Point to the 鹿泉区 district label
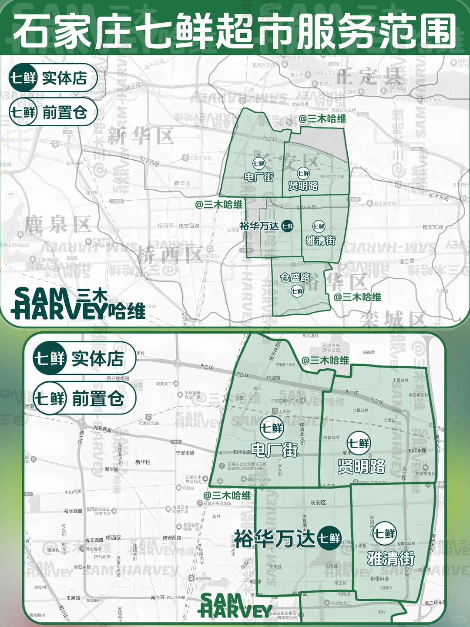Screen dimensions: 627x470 click(x=57, y=225)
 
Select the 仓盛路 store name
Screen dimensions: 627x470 click(x=295, y=277)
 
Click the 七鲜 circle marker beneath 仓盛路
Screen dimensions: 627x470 click(x=297, y=291)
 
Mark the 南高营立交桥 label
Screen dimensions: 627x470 click(x=343, y=110)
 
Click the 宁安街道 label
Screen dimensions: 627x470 click(x=185, y=453)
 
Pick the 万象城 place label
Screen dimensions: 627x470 click(x=188, y=488)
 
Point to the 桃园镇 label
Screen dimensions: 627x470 click(x=274, y=378)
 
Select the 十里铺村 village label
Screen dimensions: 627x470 click(x=400, y=380)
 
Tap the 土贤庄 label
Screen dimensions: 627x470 click(x=389, y=420)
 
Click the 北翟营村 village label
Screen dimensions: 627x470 click(x=360, y=410)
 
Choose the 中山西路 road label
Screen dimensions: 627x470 click(x=73, y=492)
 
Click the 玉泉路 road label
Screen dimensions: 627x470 click(x=73, y=598)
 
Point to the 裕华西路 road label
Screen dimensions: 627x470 click(x=73, y=511)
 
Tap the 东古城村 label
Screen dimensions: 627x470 click(x=310, y=336)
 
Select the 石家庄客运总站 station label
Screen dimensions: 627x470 click(x=217, y=503)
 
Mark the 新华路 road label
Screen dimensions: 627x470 click(x=111, y=469)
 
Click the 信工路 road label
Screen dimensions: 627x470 click(x=407, y=261)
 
